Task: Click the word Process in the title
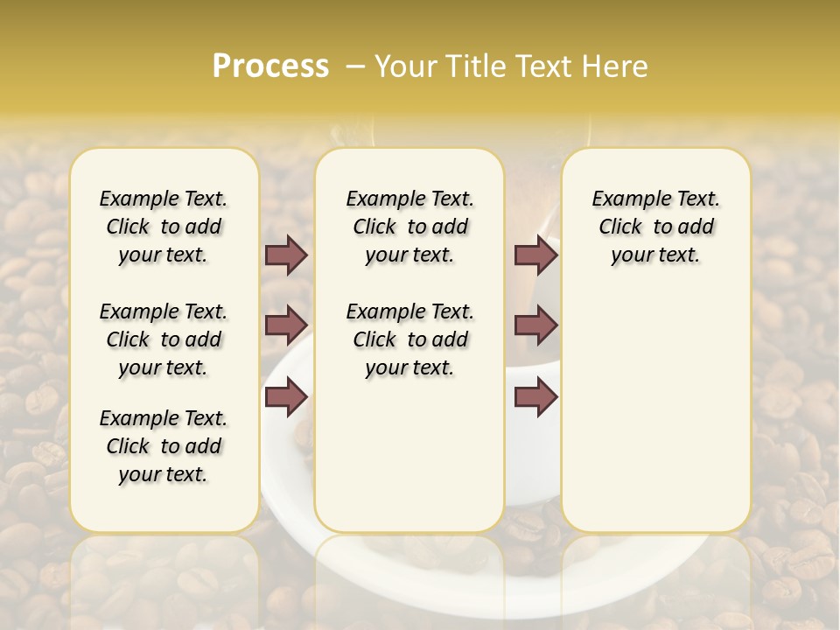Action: pos(270,66)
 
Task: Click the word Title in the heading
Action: pos(479,66)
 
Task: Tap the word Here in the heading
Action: pos(618,66)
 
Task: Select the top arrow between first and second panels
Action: pos(286,255)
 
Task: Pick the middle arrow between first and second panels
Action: pos(286,325)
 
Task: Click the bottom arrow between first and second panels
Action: pos(286,397)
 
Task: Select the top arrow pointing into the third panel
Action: pos(535,255)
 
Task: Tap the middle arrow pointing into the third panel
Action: pos(535,325)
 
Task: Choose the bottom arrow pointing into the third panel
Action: pos(535,397)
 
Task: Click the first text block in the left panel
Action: pos(164,227)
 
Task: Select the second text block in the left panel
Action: pos(164,339)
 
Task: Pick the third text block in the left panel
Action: pos(164,446)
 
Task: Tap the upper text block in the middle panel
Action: pos(409,227)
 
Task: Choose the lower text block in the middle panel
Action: pos(409,339)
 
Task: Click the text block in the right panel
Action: pos(655,227)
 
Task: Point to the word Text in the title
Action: pos(550,66)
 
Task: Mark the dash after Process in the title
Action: pos(355,66)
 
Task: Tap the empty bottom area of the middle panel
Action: pos(409,464)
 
